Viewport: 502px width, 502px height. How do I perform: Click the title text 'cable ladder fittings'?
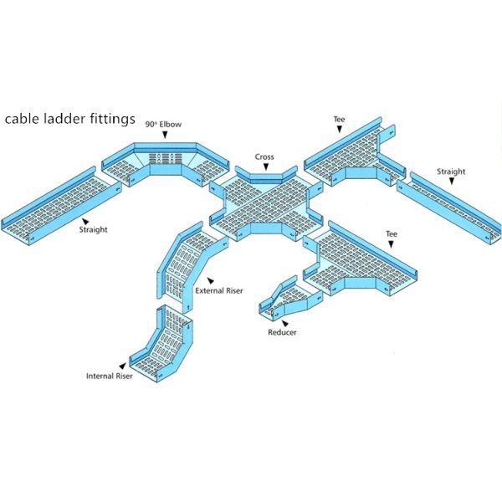70,119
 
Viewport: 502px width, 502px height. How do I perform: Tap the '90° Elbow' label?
163,124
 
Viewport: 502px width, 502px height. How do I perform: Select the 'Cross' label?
265,156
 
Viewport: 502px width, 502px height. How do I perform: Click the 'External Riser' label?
218,291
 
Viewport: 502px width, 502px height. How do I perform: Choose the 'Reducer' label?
282,332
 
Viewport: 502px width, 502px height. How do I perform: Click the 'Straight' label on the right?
451,172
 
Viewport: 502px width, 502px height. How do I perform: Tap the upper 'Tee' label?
339,120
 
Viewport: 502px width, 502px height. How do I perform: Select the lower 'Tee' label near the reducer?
391,233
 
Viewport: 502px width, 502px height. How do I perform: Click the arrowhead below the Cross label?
265,166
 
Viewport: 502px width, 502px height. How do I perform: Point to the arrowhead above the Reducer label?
282,322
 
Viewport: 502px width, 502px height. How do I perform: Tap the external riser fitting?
184,264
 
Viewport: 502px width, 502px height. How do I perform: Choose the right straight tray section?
448,205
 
